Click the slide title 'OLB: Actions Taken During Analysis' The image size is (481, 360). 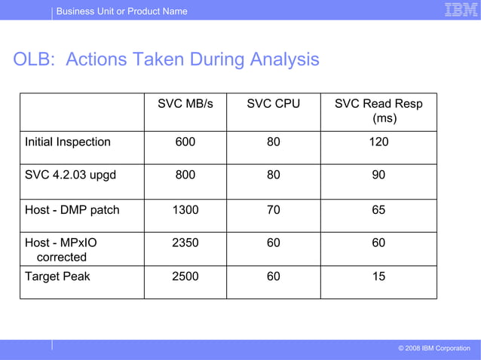(166, 59)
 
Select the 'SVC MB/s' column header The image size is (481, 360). (185, 104)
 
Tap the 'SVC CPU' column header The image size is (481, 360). (273, 104)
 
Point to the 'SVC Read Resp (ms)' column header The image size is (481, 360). (378, 111)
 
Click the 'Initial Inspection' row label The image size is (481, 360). (68, 142)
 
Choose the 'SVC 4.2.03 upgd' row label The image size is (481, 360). (71, 175)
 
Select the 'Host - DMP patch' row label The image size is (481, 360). (72, 210)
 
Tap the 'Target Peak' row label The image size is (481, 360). (57, 276)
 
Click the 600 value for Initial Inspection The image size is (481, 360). (185, 142)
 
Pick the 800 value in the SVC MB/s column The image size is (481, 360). (185, 175)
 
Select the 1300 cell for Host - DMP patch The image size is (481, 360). (185, 210)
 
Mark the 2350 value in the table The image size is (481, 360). (185, 243)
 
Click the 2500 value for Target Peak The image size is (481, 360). (185, 276)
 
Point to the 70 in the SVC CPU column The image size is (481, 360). (273, 210)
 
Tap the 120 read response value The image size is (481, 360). (378, 142)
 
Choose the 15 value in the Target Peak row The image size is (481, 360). (378, 276)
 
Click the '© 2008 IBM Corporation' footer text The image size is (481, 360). (434, 348)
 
